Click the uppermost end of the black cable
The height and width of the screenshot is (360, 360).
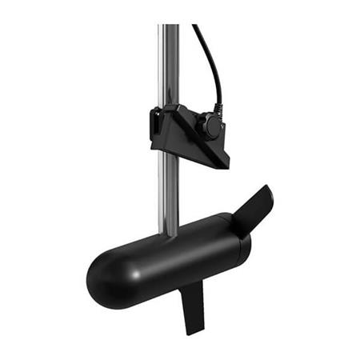(x=194, y=26)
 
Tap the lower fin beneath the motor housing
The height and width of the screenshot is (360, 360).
(x=191, y=304)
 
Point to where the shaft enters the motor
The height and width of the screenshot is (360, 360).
(x=170, y=234)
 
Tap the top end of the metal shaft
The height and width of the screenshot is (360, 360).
(x=169, y=27)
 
